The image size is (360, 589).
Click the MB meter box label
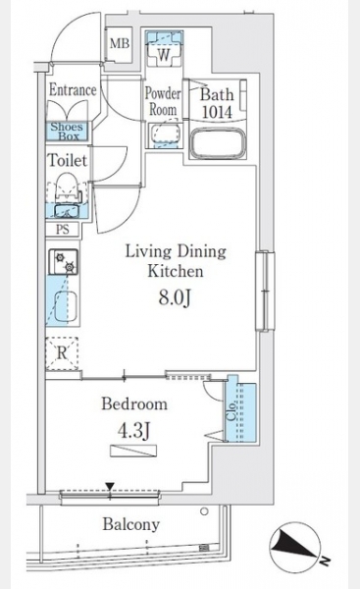point(120,44)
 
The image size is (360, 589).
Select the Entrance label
point(73,90)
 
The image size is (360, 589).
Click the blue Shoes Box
point(67,132)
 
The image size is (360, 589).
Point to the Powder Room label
point(163,101)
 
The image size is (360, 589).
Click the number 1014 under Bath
point(217,112)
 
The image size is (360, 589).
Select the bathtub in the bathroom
point(219,143)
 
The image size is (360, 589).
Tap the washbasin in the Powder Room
point(165,133)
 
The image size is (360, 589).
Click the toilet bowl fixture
point(67,186)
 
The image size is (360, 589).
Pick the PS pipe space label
point(63,229)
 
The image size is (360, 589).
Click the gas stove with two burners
point(63,262)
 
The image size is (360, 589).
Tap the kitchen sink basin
point(66,307)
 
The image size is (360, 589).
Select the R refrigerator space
point(62,353)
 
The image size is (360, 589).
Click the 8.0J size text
point(176,298)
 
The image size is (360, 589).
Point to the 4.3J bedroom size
point(134,431)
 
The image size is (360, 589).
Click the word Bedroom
point(134,404)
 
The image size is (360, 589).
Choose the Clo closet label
point(232,411)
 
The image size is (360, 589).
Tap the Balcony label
point(131,524)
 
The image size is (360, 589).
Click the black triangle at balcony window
point(110,487)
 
